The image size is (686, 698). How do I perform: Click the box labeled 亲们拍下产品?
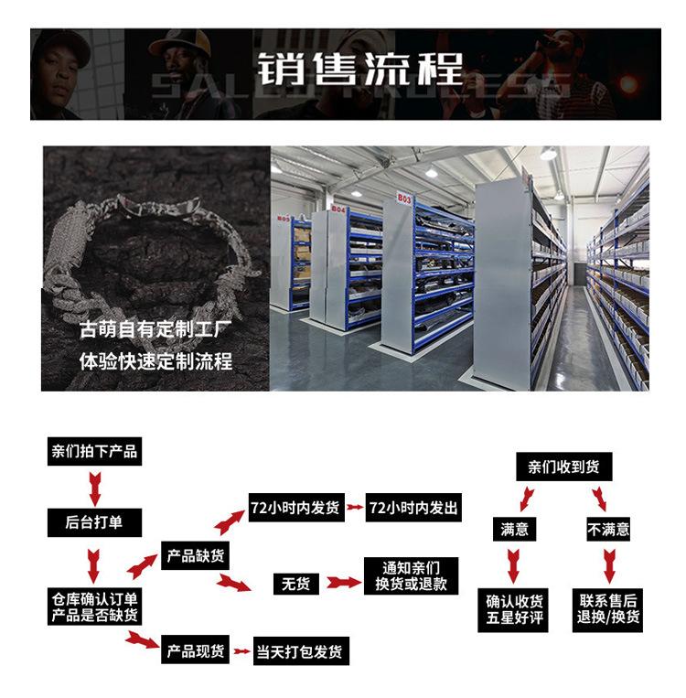coord(94,451)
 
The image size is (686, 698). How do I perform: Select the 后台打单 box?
coord(94,522)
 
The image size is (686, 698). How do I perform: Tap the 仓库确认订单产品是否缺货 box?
coord(94,607)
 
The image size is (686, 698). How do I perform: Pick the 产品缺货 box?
coord(196,554)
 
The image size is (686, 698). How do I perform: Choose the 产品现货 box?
coord(196,651)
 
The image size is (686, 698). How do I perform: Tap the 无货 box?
coord(295,582)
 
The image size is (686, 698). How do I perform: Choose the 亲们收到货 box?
coord(563,467)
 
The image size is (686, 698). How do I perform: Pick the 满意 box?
coord(514,529)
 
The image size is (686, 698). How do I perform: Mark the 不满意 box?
coord(607,529)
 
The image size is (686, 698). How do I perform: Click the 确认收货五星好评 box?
coord(515,608)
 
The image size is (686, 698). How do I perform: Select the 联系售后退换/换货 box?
coord(608,608)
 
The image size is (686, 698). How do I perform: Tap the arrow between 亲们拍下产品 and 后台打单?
coord(93,486)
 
